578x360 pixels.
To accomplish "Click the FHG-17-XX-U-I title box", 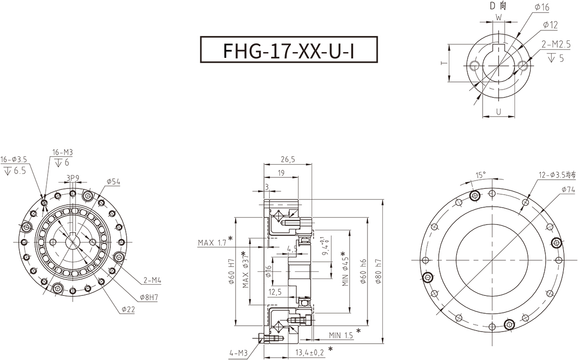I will [288, 49].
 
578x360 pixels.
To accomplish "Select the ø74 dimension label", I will [554, 190].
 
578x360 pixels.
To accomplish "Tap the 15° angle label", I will [480, 174].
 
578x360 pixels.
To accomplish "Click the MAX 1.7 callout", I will [212, 242].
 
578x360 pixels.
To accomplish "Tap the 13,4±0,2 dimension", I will [310, 353].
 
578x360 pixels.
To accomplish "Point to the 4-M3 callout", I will [238, 353].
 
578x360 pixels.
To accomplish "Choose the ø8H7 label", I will [149, 297].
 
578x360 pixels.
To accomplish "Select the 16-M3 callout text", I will [63, 153].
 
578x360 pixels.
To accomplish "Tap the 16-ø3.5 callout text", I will [15, 159].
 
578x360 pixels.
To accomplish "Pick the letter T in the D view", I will [443, 63].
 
